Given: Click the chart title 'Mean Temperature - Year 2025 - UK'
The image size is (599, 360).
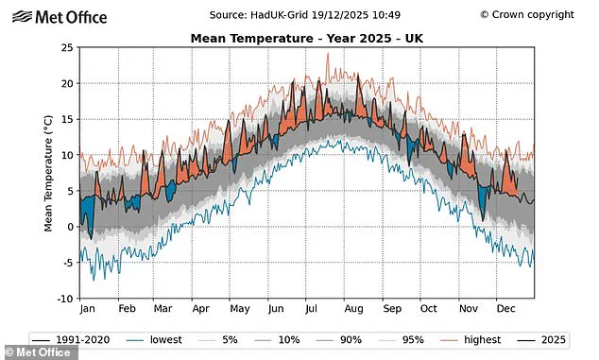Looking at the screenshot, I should point(309,38).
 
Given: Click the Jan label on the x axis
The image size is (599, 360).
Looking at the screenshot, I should point(87,309).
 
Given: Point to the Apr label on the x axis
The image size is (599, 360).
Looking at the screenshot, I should point(199,309).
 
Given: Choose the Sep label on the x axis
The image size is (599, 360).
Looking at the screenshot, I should point(391,309).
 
